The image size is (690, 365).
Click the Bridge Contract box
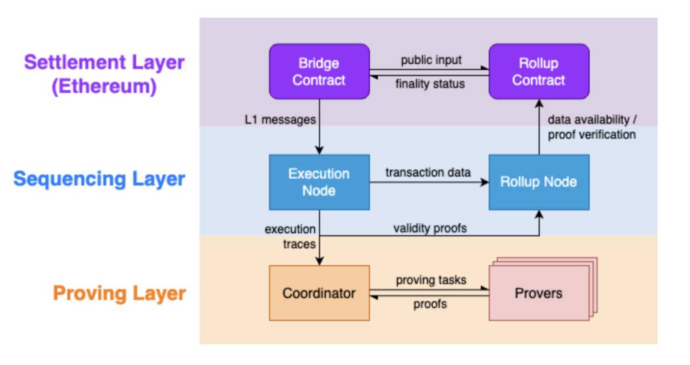pyautogui.click(x=320, y=71)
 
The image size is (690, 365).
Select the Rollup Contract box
pyautogui.click(x=539, y=71)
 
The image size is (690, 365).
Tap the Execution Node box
pyautogui.click(x=320, y=182)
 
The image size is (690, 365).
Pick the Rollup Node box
pyautogui.click(x=539, y=182)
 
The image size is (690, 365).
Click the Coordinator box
pyautogui.click(x=320, y=293)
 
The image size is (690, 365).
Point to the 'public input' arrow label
pyautogui.click(x=431, y=60)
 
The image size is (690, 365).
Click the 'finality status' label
pyautogui.click(x=430, y=84)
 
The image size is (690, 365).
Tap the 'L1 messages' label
pyautogui.click(x=280, y=119)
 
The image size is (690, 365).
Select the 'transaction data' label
pyautogui.click(x=428, y=172)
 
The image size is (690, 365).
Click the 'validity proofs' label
pyautogui.click(x=430, y=229)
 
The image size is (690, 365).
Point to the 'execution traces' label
pyautogui.click(x=290, y=237)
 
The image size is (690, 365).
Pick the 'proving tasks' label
pyautogui.click(x=431, y=281)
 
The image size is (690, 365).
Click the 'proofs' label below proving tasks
pyautogui.click(x=430, y=304)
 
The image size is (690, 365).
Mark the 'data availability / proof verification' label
pyautogui.click(x=592, y=127)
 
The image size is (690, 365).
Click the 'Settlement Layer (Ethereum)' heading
pyautogui.click(x=104, y=74)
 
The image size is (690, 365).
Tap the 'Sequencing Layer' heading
pyautogui.click(x=99, y=179)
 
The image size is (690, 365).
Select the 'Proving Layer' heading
pyautogui.click(x=119, y=294)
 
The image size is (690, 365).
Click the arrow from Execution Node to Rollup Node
pyautogui.click(x=429, y=182)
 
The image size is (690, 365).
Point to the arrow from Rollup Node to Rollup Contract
pyautogui.click(x=539, y=127)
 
